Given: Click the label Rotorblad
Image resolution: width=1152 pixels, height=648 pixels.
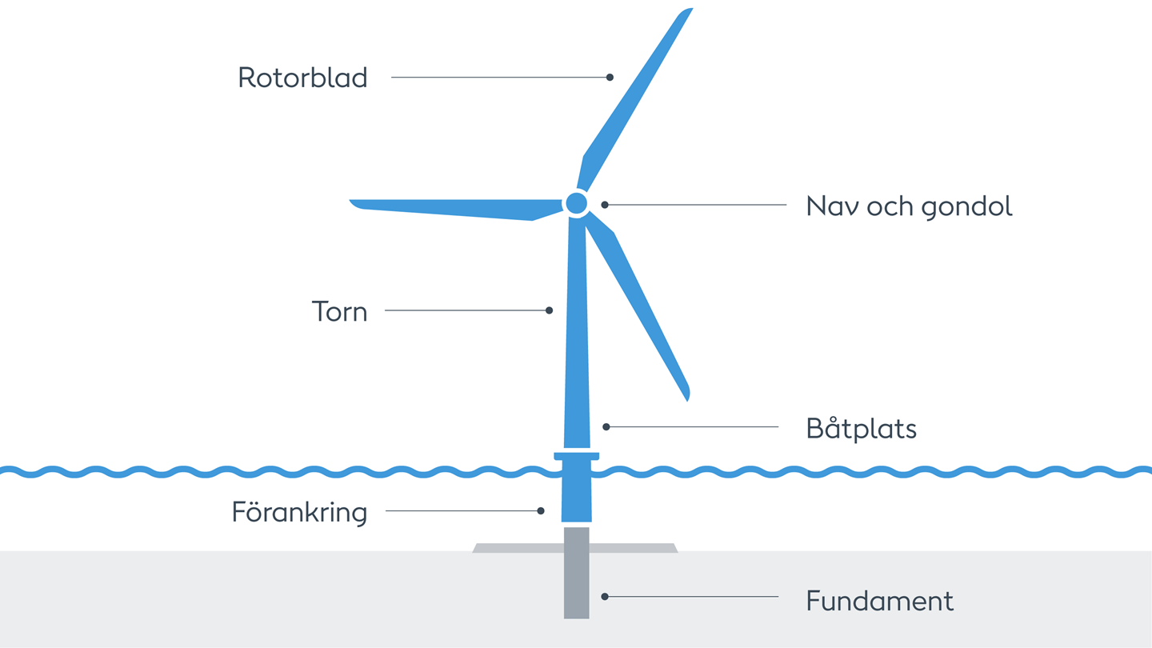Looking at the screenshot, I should [302, 78].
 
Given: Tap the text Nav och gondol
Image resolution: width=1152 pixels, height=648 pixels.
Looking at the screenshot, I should [909, 206].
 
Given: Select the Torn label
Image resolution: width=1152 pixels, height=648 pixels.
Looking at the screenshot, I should [339, 311].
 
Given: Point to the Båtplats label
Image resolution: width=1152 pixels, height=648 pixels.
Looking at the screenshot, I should [861, 429].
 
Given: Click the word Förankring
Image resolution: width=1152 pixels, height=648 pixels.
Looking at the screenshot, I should [299, 512].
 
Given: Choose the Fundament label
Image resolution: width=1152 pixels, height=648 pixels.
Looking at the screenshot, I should [879, 601].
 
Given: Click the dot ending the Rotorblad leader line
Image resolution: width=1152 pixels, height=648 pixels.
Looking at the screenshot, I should [610, 78].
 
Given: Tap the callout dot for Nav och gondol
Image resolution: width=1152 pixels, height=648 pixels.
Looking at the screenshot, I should [605, 205].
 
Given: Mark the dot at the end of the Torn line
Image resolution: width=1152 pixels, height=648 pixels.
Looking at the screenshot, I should [549, 310].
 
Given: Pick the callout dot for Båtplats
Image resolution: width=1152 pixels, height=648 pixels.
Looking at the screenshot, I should [606, 427].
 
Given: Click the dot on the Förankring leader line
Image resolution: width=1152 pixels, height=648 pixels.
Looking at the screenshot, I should [541, 510].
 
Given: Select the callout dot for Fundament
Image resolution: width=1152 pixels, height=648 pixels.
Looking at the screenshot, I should [605, 597].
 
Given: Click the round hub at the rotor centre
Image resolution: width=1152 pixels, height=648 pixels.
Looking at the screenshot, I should [576, 203].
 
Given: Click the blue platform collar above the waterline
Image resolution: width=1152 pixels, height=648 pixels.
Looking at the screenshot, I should [576, 456].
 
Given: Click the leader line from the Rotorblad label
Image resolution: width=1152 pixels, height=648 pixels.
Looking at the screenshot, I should [496, 78].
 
